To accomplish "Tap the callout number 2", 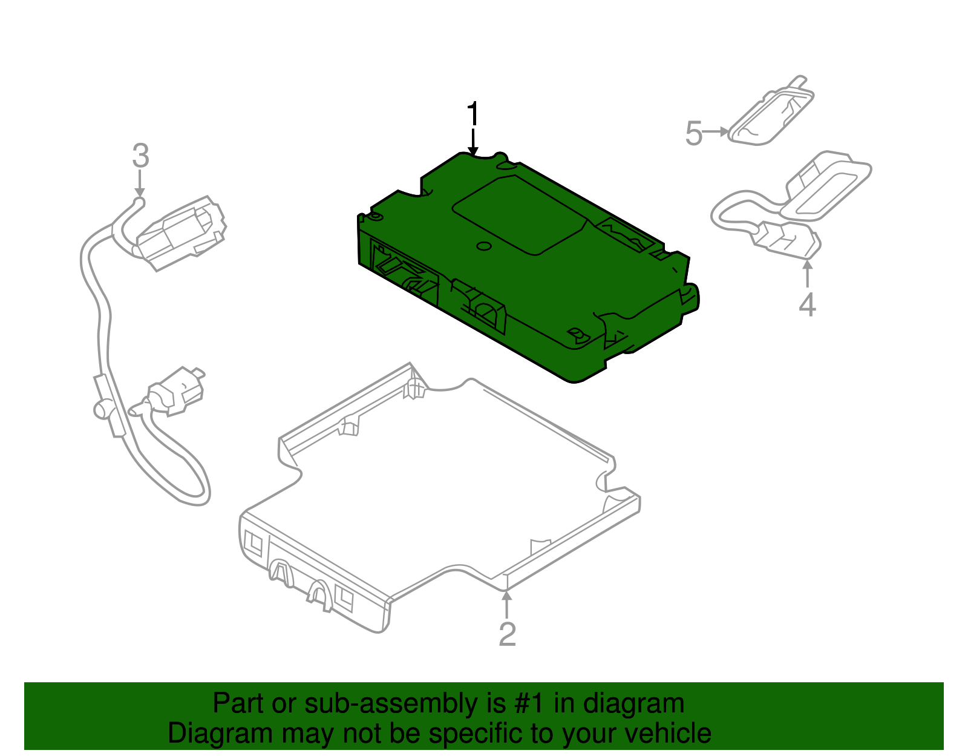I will click(x=507, y=634).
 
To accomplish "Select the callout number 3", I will click(x=140, y=156).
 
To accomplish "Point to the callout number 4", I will click(x=807, y=304).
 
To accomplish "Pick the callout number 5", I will click(x=693, y=133).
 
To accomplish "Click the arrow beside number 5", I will click(x=717, y=131).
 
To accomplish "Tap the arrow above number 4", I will click(x=807, y=273).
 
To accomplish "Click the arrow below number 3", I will click(x=140, y=183).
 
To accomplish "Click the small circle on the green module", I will click(x=483, y=246).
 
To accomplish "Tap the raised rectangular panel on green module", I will click(x=519, y=213).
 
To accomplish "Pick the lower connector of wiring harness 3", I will click(x=175, y=392).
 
